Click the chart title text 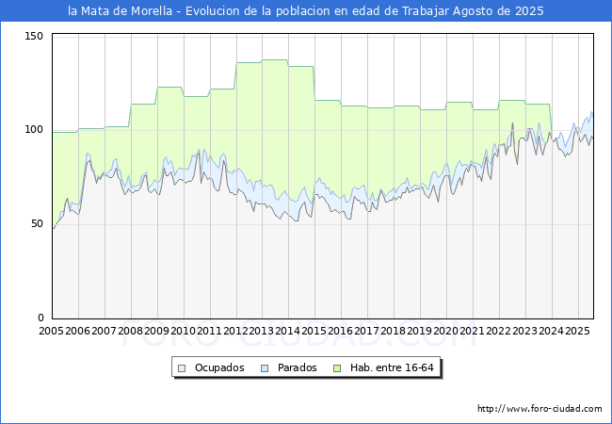pos(306,11)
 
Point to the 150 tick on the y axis pos(35,36)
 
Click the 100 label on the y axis pos(35,130)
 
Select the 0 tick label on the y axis pos(40,318)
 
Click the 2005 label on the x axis pos(52,332)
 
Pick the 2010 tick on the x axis pos(184,332)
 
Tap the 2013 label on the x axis pos(263,332)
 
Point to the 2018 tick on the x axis pos(395,332)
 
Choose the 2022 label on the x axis pos(500,332)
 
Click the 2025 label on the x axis pos(578,332)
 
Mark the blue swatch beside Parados pos(265,367)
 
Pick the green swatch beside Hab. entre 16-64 pos(337,367)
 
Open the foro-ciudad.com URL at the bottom pos(540,409)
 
